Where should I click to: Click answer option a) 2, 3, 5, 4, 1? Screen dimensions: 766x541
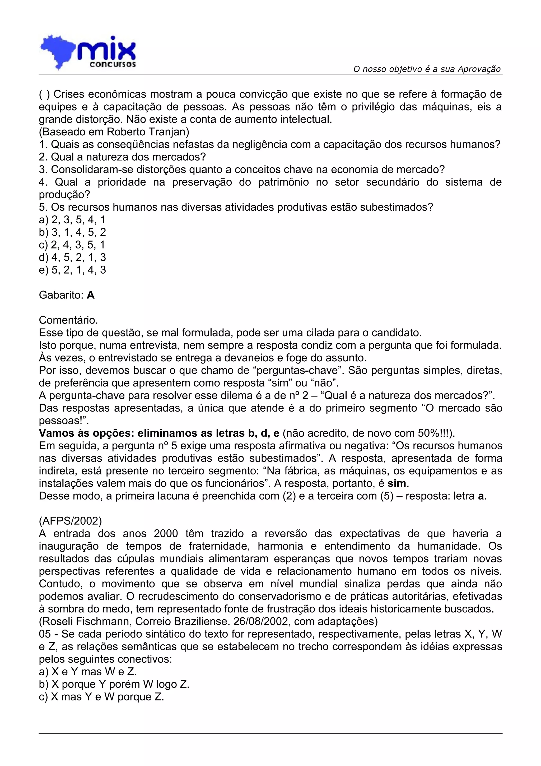pyautogui.click(x=72, y=220)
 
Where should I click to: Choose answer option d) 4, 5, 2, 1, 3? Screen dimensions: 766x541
pyautogui.click(x=72, y=257)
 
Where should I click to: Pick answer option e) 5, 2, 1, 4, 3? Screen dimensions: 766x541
pyautogui.click(x=72, y=270)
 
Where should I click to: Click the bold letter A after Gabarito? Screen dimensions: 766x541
pyautogui.click(x=90, y=295)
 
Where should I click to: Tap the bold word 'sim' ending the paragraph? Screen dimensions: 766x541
pyautogui.click(x=397, y=483)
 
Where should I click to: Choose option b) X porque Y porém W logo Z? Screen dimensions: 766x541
pyautogui.click(x=114, y=684)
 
